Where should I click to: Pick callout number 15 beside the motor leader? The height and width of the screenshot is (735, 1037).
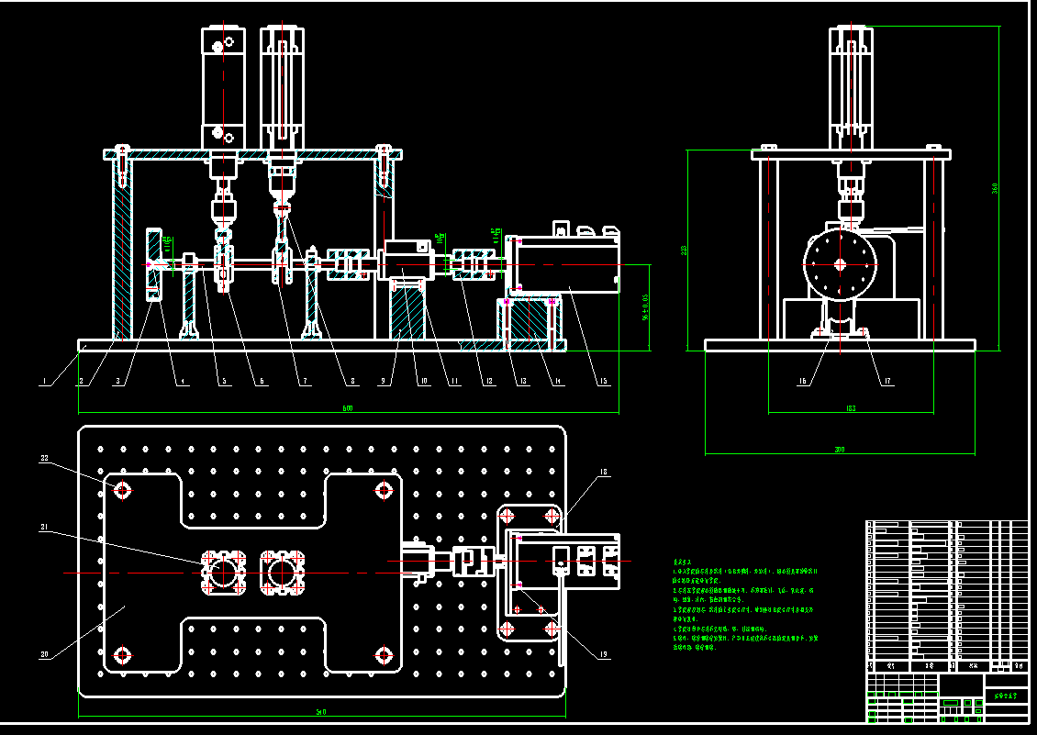(604, 381)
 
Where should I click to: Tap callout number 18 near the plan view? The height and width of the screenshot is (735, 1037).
(603, 473)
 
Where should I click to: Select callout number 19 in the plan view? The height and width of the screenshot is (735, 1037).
(603, 654)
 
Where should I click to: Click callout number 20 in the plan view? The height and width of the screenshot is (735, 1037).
(43, 654)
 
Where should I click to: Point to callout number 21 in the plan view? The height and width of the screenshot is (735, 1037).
(43, 527)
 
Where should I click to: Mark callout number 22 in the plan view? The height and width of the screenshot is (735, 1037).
(43, 457)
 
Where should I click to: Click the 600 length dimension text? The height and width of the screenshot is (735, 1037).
(348, 408)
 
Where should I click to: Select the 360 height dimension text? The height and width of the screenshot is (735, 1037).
(995, 188)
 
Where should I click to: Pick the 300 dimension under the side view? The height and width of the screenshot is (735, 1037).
(839, 450)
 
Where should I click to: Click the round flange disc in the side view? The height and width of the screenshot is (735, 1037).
(840, 264)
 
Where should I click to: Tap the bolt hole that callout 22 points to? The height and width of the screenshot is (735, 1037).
(121, 490)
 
